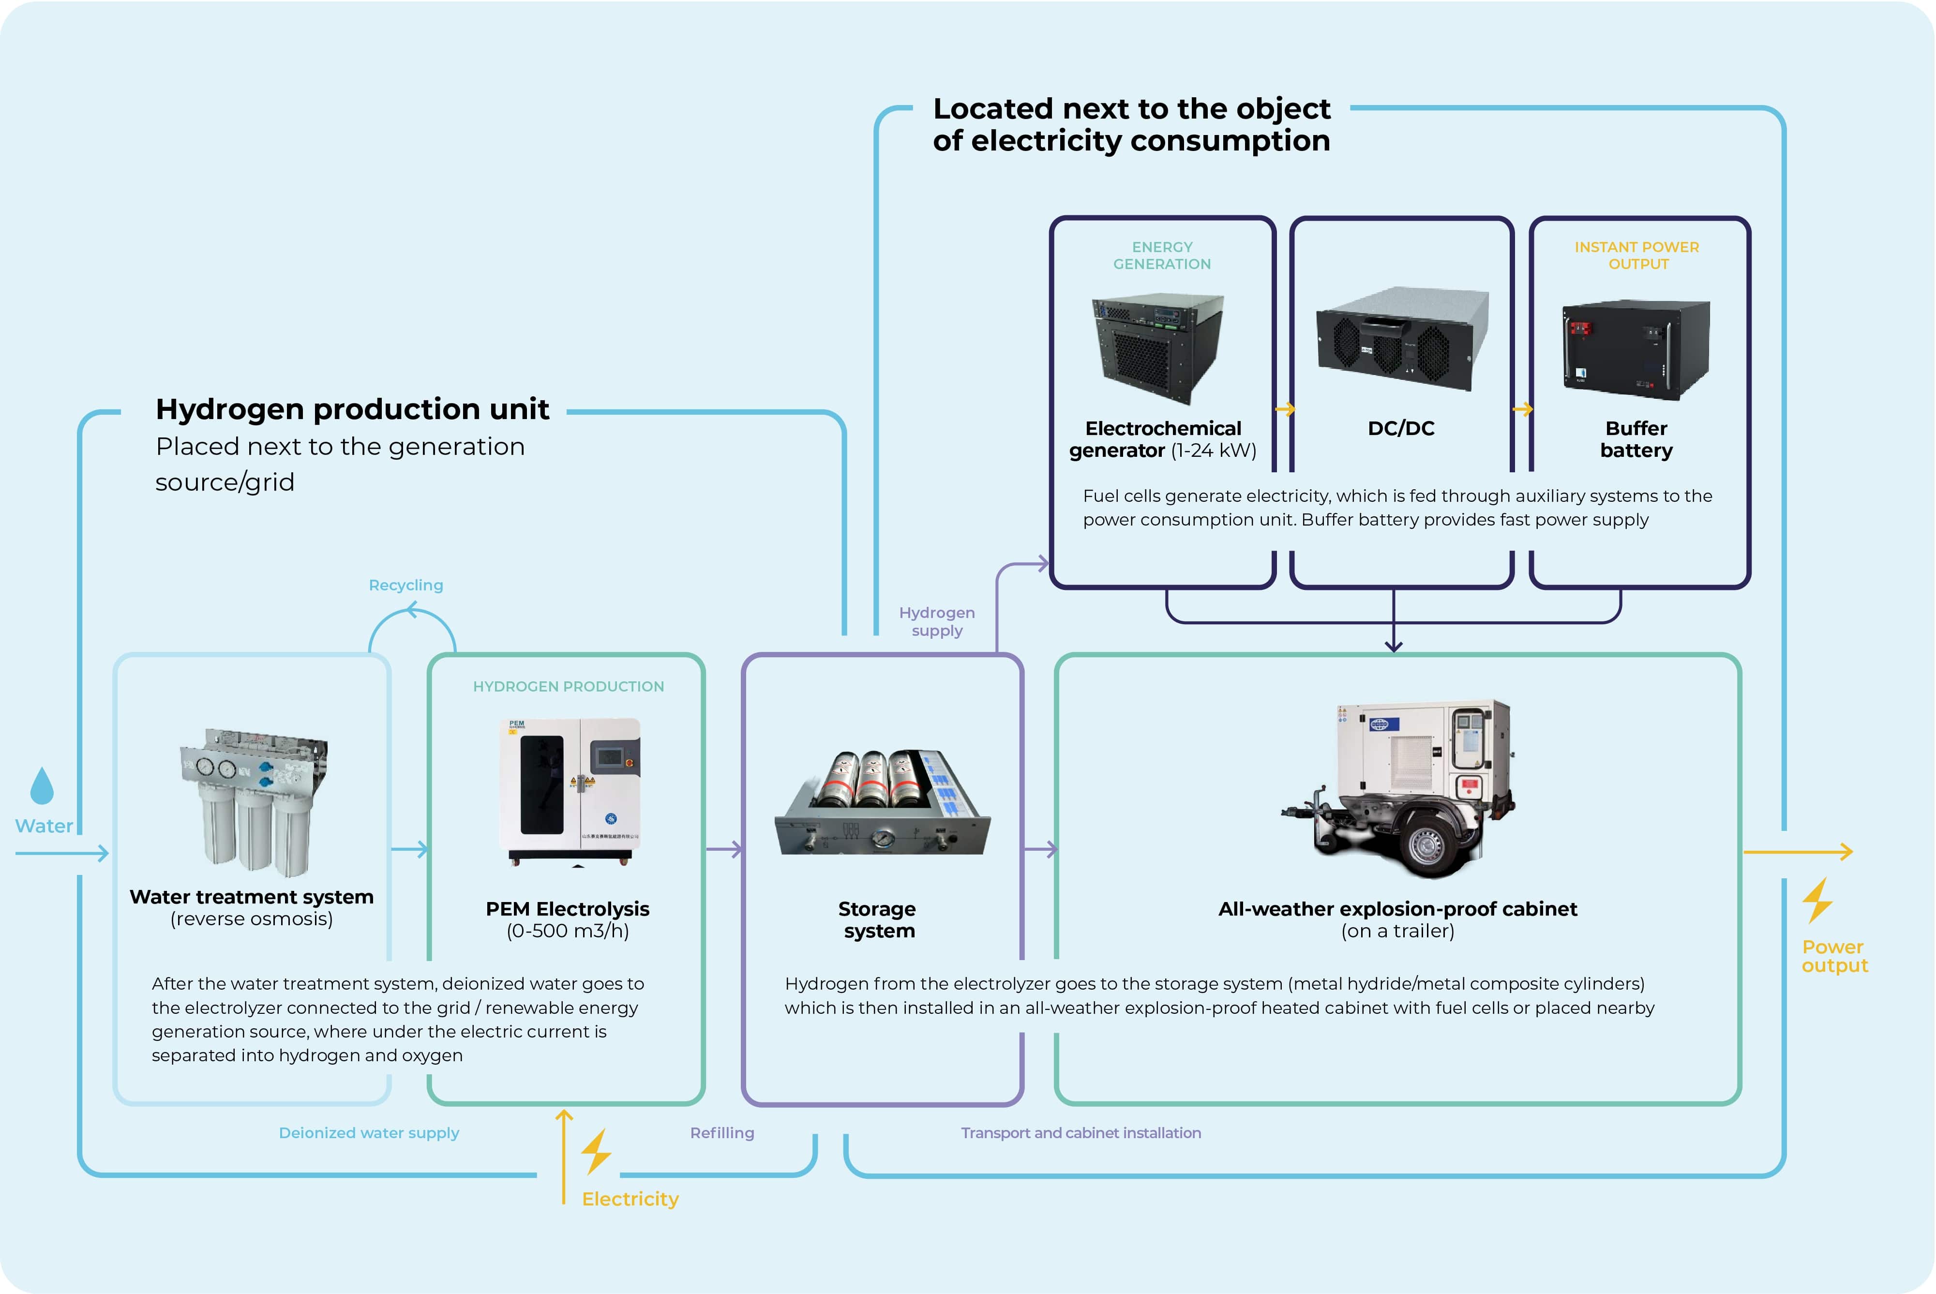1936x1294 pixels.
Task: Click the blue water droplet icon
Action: coord(41,786)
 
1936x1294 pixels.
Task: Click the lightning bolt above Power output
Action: coord(1817,901)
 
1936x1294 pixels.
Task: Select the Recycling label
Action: coord(406,585)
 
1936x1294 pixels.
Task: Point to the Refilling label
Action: coord(722,1133)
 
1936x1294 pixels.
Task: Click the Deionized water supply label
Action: coord(369,1133)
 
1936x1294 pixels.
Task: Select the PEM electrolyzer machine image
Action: coord(570,791)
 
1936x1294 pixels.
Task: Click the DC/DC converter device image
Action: coord(1402,338)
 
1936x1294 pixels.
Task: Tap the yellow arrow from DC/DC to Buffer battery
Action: coord(1523,408)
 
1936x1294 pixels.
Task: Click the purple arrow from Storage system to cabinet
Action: coord(1040,848)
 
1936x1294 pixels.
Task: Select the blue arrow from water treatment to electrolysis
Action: coord(409,848)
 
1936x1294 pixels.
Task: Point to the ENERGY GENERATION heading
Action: coord(1162,255)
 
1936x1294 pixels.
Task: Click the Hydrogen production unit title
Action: coord(352,409)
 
